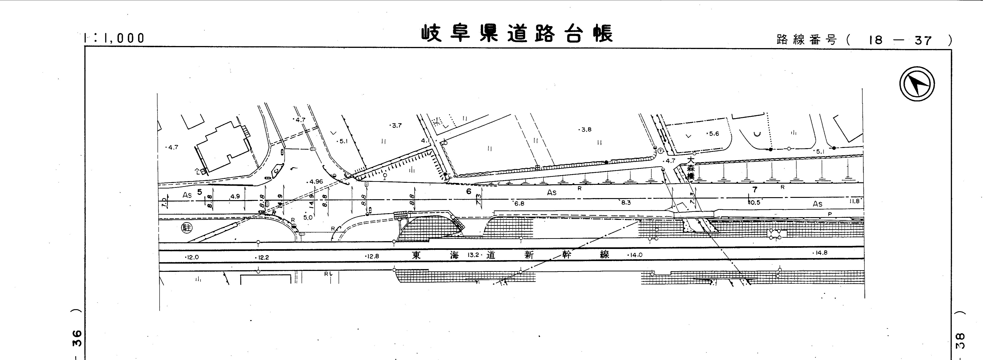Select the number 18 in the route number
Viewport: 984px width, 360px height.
876,40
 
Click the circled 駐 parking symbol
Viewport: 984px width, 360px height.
187,228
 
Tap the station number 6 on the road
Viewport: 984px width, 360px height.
469,191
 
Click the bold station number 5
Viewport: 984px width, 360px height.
199,192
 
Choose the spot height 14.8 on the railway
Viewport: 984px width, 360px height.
821,253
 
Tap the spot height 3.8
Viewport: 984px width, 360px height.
586,130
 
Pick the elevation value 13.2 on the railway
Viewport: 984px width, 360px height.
473,255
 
